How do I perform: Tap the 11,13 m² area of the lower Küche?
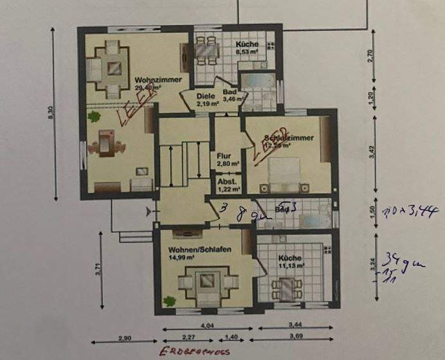291,264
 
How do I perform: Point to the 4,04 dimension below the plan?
207,325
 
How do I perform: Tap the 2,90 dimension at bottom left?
125,336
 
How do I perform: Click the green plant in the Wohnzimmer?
95,117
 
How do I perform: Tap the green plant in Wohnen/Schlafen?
169,299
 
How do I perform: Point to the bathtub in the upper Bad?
256,83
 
